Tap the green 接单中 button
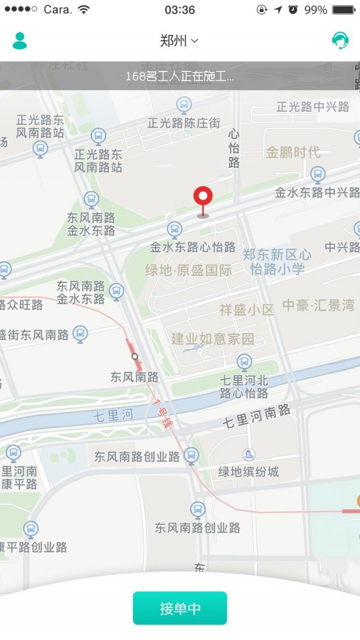point(180,608)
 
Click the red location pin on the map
point(203,199)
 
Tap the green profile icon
point(20,40)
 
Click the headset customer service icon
point(340,40)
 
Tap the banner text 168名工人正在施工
point(179,77)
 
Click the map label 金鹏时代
point(293,152)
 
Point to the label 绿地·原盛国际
point(188,271)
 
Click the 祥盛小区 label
point(246,310)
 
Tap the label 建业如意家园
point(212,339)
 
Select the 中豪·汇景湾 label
point(319,305)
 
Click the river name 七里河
point(113,416)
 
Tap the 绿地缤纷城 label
point(248,471)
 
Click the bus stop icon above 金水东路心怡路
point(175,229)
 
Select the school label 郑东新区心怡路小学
point(277,262)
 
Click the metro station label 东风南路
point(134,377)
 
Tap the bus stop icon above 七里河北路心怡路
point(244,361)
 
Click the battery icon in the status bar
point(344,10)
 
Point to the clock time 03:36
point(179,10)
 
